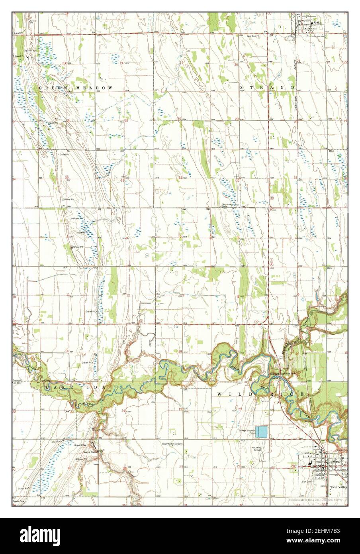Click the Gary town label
[317, 23]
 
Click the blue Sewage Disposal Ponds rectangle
[261, 432]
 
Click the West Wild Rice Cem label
[172, 444]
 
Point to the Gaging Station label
[91, 452]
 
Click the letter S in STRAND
[242, 87]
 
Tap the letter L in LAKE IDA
[47, 387]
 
